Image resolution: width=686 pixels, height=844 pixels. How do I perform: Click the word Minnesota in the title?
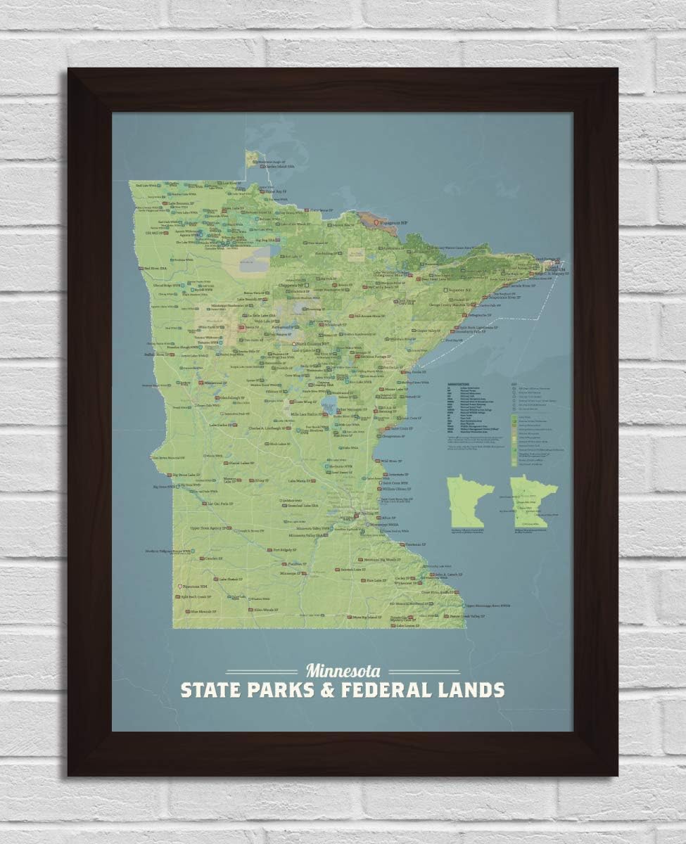point(343,670)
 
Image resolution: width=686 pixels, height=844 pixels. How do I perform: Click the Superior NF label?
point(457,288)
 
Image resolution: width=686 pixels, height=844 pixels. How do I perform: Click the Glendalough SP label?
point(232,398)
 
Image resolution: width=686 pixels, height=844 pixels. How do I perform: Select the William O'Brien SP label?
point(398,489)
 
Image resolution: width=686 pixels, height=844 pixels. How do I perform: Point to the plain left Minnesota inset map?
point(471,502)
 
